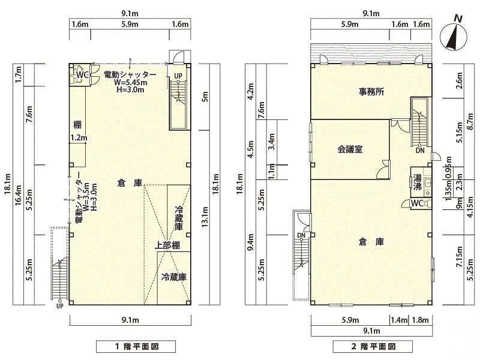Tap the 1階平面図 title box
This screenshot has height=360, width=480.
pos(136,347)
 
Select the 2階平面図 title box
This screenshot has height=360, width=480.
pos(373,347)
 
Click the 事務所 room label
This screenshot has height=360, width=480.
pos(371,92)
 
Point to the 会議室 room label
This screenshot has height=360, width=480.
pos(350,149)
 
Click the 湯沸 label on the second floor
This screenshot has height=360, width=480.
pos(417,182)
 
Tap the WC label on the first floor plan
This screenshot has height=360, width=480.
pos(82,75)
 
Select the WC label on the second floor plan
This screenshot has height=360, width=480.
pos(417,203)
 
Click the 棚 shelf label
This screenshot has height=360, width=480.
pos(77,125)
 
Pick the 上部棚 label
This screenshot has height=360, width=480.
pos(167,245)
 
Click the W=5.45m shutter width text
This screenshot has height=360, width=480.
pos(130,82)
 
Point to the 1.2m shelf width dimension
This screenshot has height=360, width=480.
pos(79,138)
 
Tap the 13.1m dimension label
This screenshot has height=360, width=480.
pos(205,217)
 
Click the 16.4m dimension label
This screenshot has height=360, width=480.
pos(18,196)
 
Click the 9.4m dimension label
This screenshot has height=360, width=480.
pos(251,242)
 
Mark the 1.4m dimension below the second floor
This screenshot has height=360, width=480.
pos(399,320)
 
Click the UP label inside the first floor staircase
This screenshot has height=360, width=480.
pos(178,76)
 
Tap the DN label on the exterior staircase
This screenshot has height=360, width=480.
pos(301,235)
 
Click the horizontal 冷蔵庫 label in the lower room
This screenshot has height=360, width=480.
pos(174,277)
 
